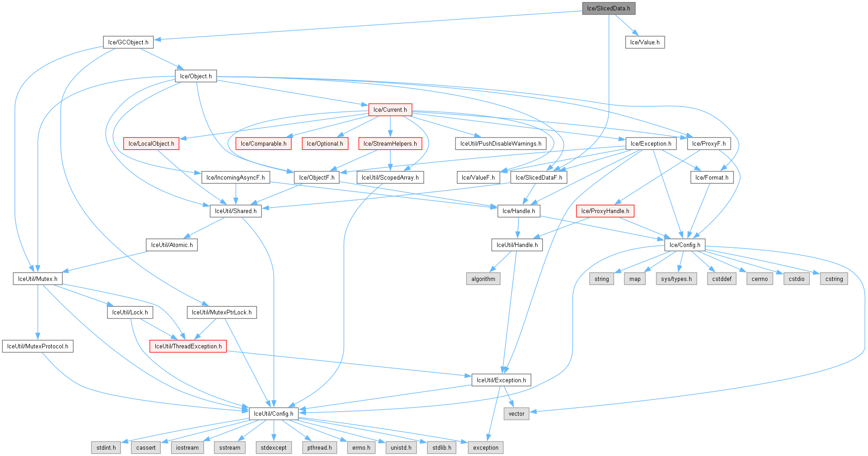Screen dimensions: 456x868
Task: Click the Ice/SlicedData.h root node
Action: click(609, 8)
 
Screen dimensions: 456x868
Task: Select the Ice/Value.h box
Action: click(645, 42)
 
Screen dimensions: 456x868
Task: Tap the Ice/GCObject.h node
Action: click(128, 42)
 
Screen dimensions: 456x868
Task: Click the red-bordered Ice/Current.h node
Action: click(390, 109)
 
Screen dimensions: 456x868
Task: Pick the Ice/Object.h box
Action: click(196, 76)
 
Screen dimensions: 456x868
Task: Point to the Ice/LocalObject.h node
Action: click(151, 143)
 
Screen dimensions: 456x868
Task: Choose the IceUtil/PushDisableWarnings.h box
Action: click(500, 143)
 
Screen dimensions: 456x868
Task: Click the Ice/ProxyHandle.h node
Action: click(605, 211)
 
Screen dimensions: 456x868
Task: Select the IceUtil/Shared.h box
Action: click(235, 211)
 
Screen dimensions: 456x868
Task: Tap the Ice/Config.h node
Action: click(685, 245)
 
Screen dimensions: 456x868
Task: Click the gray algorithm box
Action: click(483, 279)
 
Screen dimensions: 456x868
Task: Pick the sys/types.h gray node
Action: click(676, 279)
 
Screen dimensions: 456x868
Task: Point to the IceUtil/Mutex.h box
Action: click(38, 279)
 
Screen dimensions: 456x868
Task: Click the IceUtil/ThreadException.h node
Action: click(188, 346)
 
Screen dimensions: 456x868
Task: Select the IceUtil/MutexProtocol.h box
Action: click(38, 346)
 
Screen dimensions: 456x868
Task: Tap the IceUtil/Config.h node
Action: click(273, 413)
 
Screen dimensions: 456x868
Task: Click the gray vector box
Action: click(516, 413)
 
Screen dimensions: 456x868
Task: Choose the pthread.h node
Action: click(319, 447)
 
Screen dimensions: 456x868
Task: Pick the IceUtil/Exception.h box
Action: click(501, 380)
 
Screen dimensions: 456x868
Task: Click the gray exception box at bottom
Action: click(485, 447)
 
